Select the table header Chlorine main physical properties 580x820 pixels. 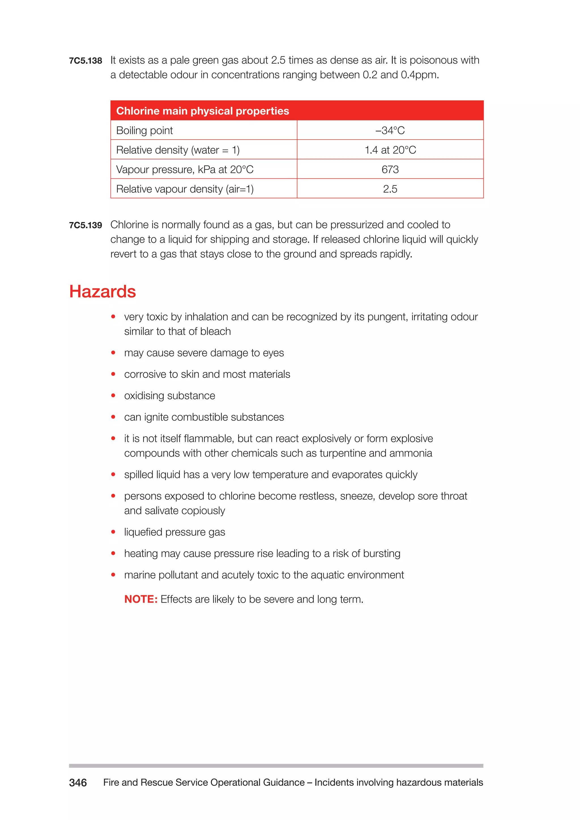[202, 111]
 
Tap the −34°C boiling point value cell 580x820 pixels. [390, 130]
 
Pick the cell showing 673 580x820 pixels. [390, 169]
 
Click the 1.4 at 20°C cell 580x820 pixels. [390, 150]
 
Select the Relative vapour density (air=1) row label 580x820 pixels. [185, 189]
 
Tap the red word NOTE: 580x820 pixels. [141, 599]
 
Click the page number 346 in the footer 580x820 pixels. [78, 783]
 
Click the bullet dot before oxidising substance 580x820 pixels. [113, 395]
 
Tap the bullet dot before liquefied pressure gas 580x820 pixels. [113, 532]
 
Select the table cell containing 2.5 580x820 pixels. [390, 189]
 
